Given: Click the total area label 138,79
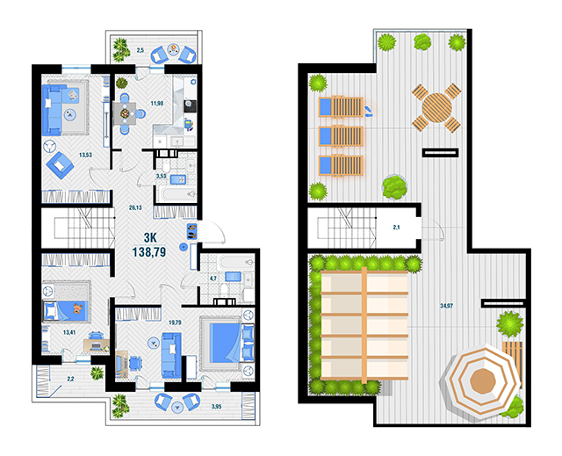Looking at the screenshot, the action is pos(149,252).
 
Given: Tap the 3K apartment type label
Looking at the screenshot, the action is pos(150,237).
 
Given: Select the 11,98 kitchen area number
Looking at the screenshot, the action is pos(157,104).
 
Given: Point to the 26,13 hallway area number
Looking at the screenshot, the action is pos(135,207).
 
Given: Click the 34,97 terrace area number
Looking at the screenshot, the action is pos(447,306).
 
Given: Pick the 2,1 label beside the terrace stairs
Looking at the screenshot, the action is pos(396,228).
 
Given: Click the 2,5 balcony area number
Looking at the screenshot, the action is pos(140,50).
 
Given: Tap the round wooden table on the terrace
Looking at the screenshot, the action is pos(436,107).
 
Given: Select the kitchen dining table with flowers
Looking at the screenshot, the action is pos(125,113).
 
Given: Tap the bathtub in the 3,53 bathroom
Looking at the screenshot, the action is pos(178,195).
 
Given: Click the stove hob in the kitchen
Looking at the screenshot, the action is pos(189,105).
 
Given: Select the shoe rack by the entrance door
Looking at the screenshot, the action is pos(191,231).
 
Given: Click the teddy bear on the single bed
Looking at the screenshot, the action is pos(77,308).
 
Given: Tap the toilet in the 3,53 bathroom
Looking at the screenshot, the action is pos(166,166).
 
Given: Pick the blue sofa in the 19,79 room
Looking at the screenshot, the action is pos(171,355).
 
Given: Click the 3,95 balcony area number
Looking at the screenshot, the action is pos(216,407).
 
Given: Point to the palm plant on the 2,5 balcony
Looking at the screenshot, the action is pos(121,49).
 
